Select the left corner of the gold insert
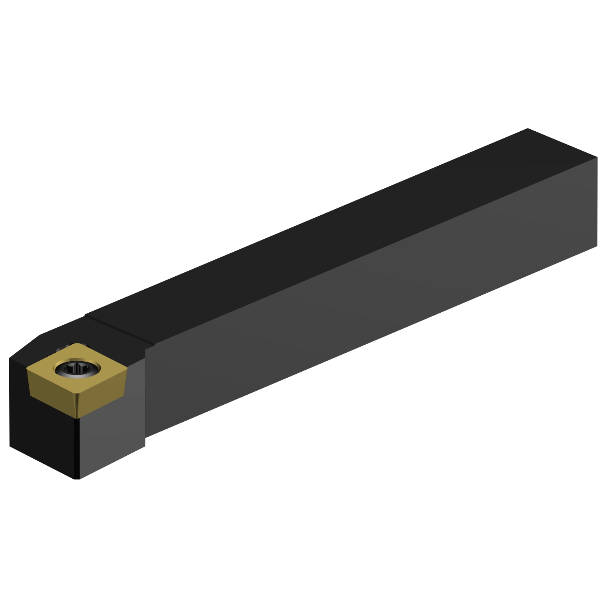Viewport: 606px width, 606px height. (27, 368)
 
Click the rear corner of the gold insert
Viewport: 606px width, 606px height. (77, 344)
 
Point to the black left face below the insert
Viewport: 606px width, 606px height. (40, 436)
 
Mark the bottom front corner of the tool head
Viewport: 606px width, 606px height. (77, 479)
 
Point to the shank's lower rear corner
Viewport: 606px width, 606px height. (597, 246)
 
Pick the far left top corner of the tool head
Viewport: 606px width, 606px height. (10, 358)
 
